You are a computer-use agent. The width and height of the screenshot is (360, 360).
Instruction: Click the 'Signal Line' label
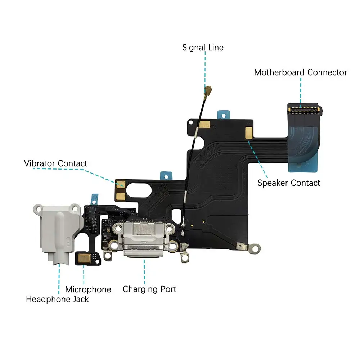pyautogui.click(x=203, y=48)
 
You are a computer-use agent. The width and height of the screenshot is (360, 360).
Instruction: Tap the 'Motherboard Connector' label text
pyautogui.click(x=300, y=72)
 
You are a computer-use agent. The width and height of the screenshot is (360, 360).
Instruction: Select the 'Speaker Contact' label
pyautogui.click(x=289, y=183)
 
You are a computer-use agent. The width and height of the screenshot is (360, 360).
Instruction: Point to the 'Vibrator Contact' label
pyautogui.click(x=55, y=163)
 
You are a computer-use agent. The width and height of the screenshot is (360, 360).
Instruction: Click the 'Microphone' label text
pyautogui.click(x=88, y=289)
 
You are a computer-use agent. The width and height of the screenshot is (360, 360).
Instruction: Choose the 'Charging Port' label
pyautogui.click(x=149, y=289)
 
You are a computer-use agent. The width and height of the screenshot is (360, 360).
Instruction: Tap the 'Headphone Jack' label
pyautogui.click(x=57, y=299)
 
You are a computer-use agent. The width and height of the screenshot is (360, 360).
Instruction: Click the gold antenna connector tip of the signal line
pyautogui.click(x=208, y=88)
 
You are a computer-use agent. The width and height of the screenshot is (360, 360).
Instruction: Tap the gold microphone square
pyautogui.click(x=83, y=257)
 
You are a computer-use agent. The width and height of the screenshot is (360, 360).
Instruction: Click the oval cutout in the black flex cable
pyautogui.click(x=144, y=188)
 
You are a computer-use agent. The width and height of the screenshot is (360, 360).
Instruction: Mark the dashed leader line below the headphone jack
pyautogui.click(x=59, y=279)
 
